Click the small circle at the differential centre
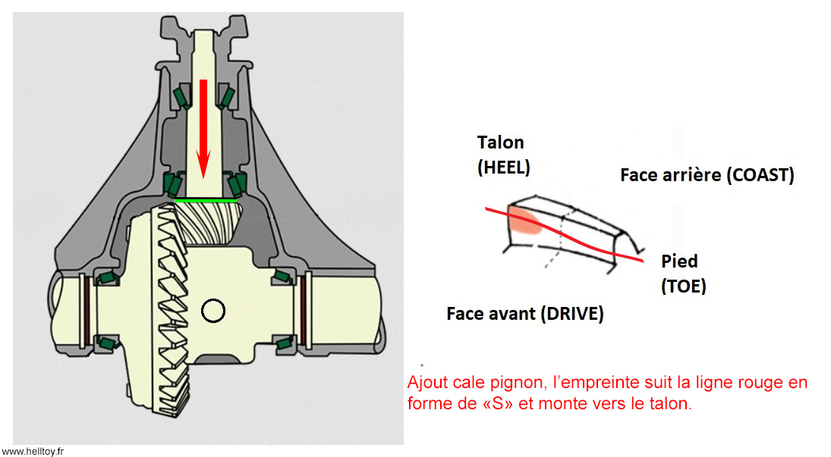click(213, 310)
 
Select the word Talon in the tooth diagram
click(500, 142)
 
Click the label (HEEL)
click(503, 167)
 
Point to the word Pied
click(679, 261)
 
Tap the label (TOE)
click(683, 286)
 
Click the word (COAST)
click(760, 176)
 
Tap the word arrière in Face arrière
click(689, 176)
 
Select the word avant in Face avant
click(509, 313)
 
